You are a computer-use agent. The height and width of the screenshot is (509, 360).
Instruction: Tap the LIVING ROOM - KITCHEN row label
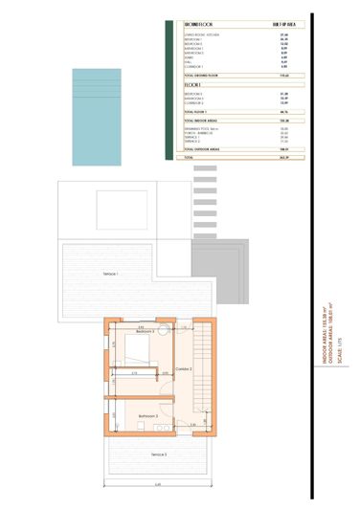point(201,34)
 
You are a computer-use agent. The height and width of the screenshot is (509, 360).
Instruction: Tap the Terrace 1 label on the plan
point(117,274)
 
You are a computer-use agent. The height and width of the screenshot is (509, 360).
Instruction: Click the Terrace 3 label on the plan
point(157,454)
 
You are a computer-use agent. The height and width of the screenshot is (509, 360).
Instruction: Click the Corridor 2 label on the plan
point(184,368)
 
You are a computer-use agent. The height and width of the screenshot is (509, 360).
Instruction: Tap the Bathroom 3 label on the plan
point(147,416)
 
